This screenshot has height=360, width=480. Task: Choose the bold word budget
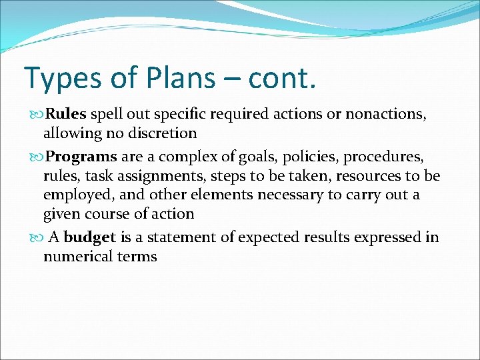coord(90,237)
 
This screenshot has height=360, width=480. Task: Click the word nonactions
coord(390,114)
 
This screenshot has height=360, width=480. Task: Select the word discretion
coord(160,133)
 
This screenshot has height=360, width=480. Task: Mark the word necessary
coord(297,195)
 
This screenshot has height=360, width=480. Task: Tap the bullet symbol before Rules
coord(35,115)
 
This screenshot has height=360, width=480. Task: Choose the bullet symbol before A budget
coord(35,238)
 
